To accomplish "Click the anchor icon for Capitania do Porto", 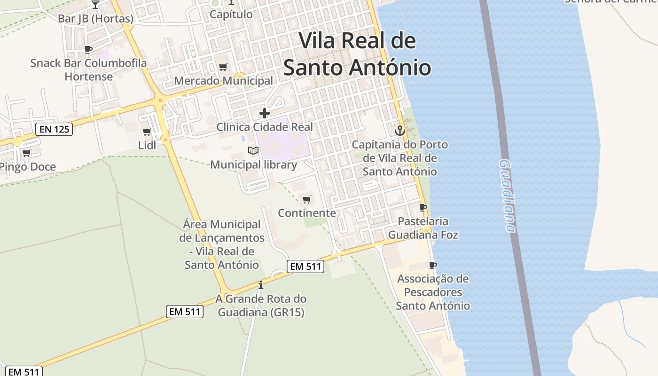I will click(x=400, y=131).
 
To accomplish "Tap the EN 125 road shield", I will click(x=54, y=129).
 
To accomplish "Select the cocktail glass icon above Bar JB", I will click(x=95, y=5).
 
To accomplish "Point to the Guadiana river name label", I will click(x=508, y=196).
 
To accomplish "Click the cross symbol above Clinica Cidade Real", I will click(x=265, y=113).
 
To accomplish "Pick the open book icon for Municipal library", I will click(x=253, y=151).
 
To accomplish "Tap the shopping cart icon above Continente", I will click(x=307, y=199).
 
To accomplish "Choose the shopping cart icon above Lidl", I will click(x=147, y=132).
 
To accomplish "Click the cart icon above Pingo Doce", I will click(x=27, y=153).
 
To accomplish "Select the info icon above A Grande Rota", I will click(x=261, y=285).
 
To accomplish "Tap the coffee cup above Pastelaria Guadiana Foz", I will click(x=423, y=207).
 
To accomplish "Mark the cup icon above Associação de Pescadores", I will click(x=432, y=265).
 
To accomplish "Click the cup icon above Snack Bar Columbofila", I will click(x=88, y=49).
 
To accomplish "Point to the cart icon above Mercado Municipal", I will click(x=223, y=67).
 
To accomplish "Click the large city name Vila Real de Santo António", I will click(x=357, y=54).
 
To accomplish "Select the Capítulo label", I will click(x=231, y=14).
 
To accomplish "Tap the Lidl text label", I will click(x=147, y=145).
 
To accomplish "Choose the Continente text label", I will click(x=307, y=213).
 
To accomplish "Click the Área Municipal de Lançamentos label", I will click(x=222, y=244).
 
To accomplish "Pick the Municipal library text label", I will click(x=253, y=164).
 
